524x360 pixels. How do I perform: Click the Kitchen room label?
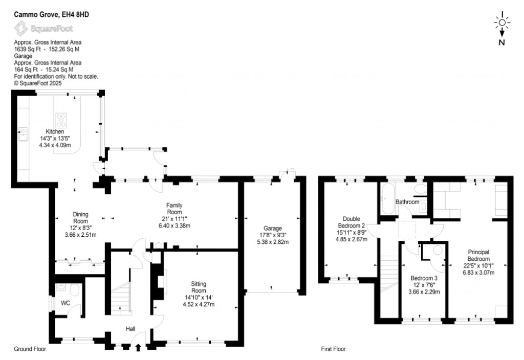pyautogui.click(x=55, y=131)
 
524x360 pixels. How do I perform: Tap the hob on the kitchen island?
pyautogui.click(x=62, y=121)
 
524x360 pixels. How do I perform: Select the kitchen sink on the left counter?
pyautogui.click(x=23, y=134)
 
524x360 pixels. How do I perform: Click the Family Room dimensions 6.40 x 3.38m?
pyautogui.click(x=174, y=225)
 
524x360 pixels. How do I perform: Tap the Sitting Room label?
pyautogui.click(x=199, y=287)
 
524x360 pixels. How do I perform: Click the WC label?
pyautogui.click(x=65, y=303)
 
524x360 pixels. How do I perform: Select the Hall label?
pyautogui.click(x=131, y=329)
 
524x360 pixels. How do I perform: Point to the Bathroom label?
pyautogui.click(x=407, y=202)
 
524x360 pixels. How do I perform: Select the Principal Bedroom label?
pyautogui.click(x=478, y=255)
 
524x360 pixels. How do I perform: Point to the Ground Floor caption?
pyautogui.click(x=30, y=350)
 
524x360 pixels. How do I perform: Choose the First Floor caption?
pyautogui.click(x=333, y=350)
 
